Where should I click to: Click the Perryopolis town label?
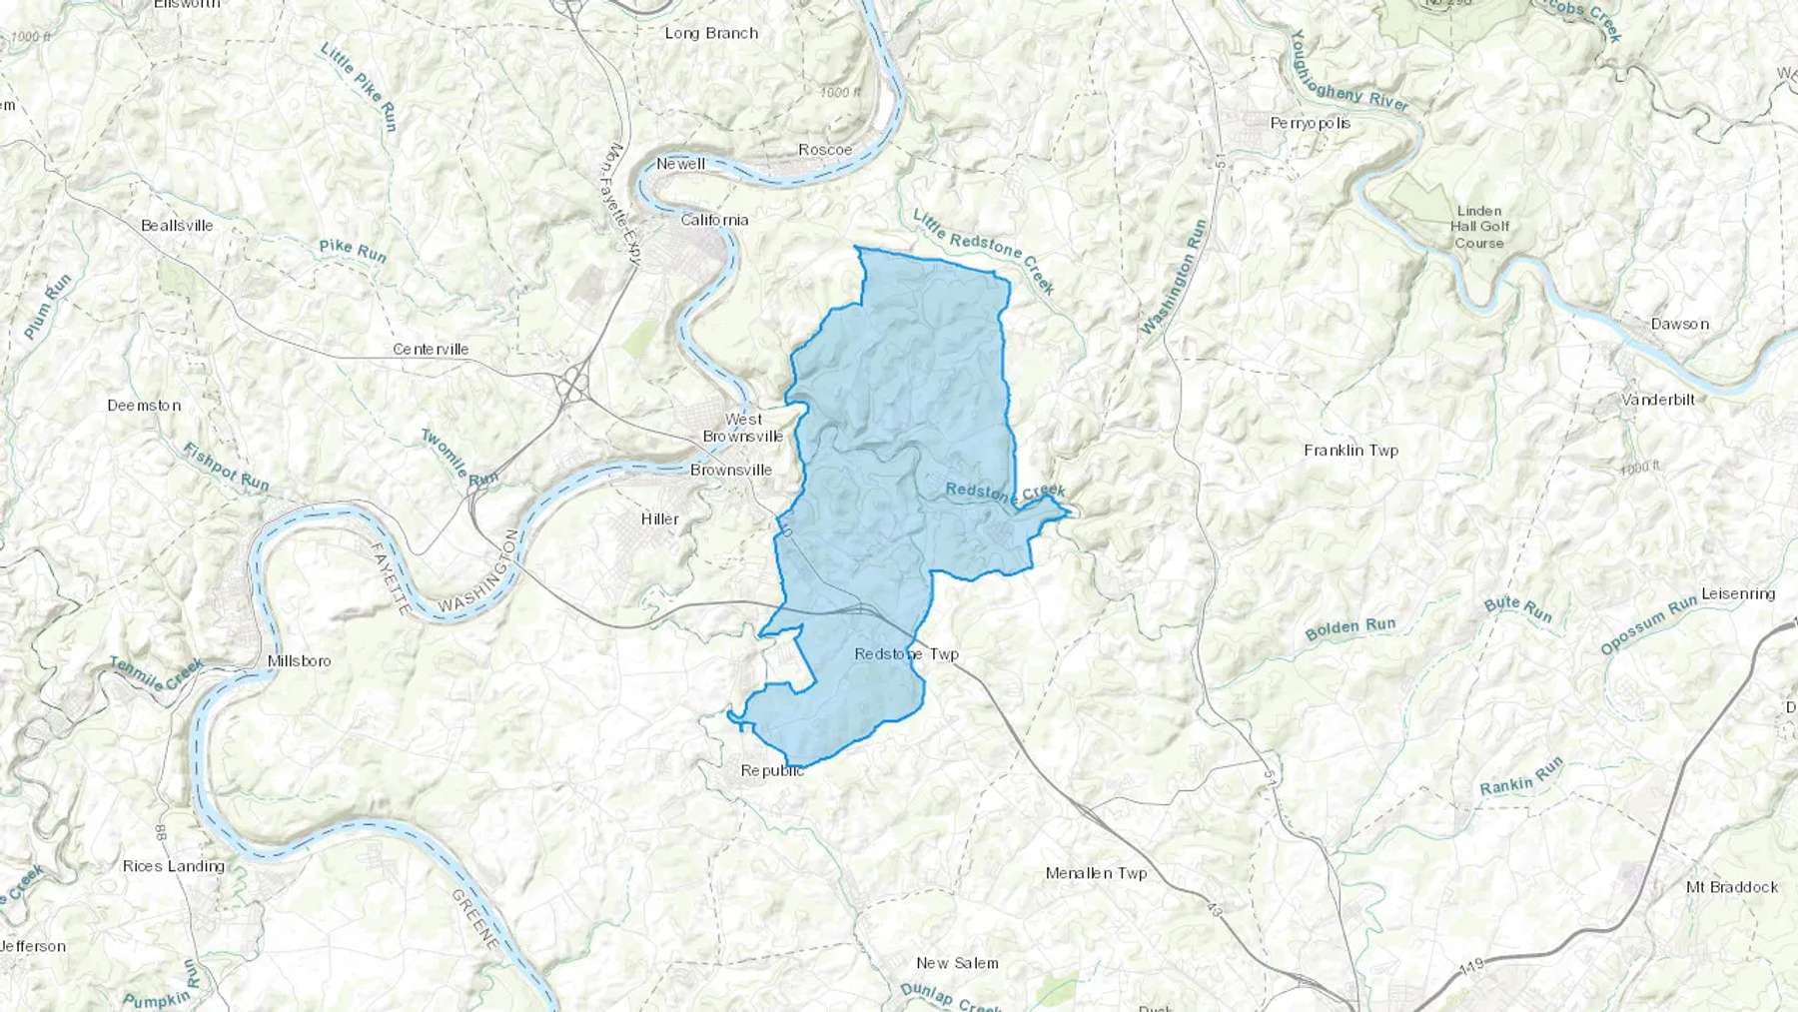pyautogui.click(x=1310, y=123)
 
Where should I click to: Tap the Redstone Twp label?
pyautogui.click(x=906, y=654)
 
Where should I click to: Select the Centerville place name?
pyautogui.click(x=431, y=349)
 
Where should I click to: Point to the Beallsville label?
pyautogui.click(x=177, y=225)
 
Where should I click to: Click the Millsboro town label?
pyautogui.click(x=299, y=660)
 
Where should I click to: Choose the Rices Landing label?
pyautogui.click(x=173, y=866)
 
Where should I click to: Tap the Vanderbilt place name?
pyautogui.click(x=1658, y=400)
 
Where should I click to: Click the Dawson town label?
pyautogui.click(x=1679, y=324)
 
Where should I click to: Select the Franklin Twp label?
pyautogui.click(x=1350, y=451)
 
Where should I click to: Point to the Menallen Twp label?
pyautogui.click(x=1096, y=873)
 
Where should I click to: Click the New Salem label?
pyautogui.click(x=957, y=963)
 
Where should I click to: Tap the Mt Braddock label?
pyautogui.click(x=1731, y=887)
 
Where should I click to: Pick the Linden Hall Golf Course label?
pyautogui.click(x=1479, y=227)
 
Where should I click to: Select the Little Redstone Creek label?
pyautogui.click(x=983, y=251)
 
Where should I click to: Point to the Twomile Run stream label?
pyautogui.click(x=458, y=458)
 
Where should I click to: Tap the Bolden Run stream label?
pyautogui.click(x=1349, y=628)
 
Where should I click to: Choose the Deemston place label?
pyautogui.click(x=144, y=406)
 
